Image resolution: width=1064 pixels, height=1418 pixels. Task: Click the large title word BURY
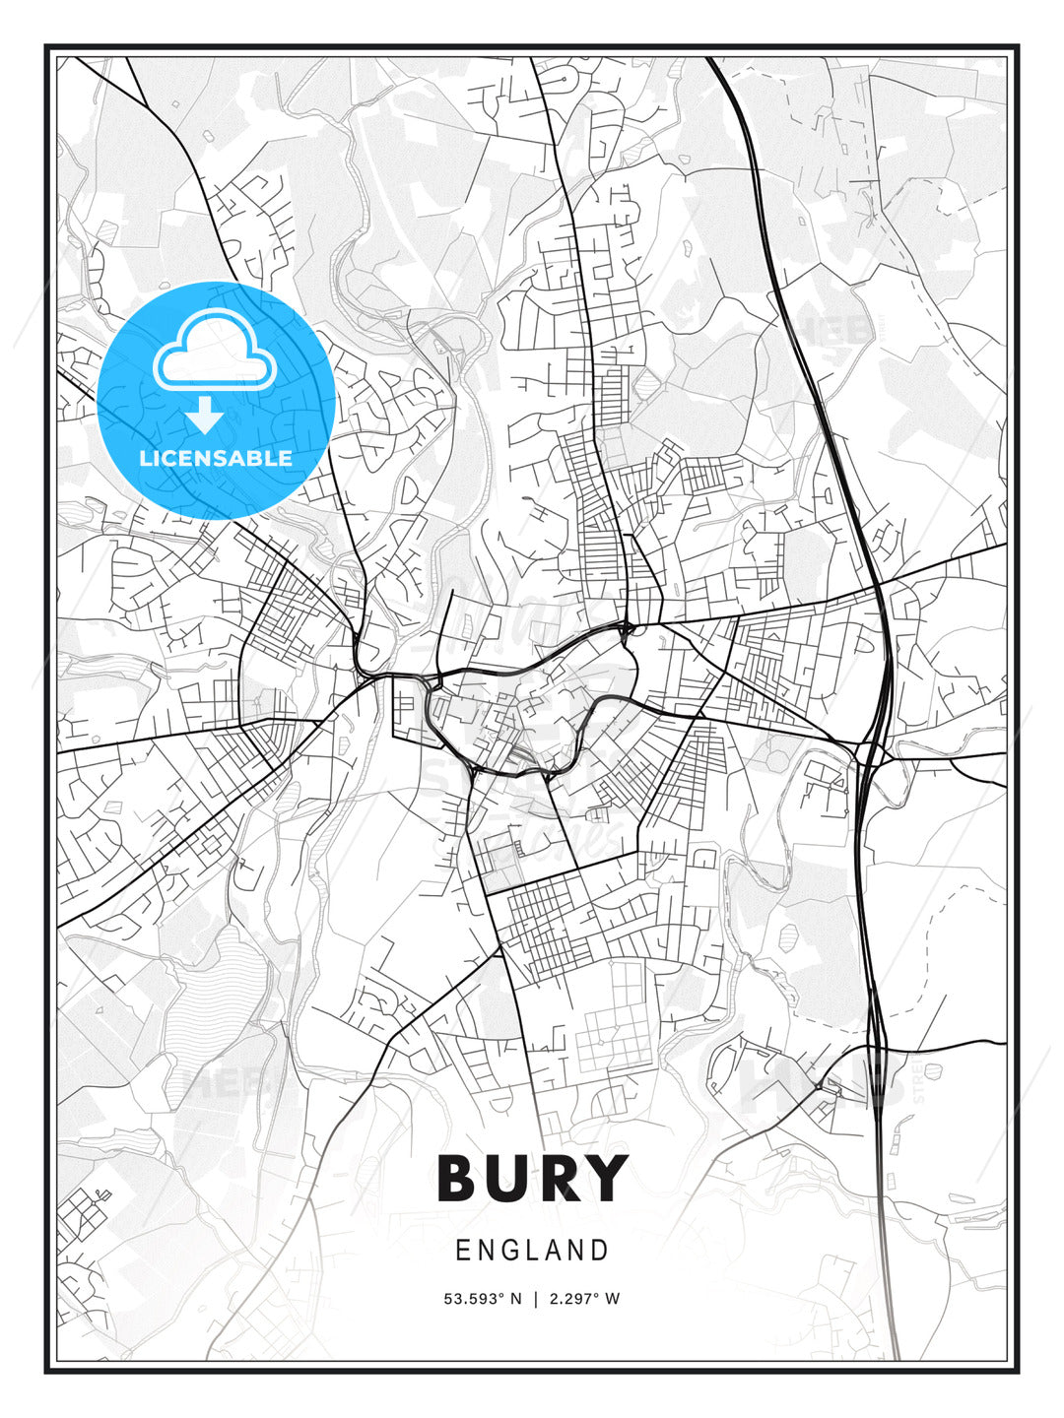tap(532, 1178)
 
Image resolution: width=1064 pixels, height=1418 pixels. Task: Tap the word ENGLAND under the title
tap(532, 1251)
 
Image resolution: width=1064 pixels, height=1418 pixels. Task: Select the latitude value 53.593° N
tap(483, 1299)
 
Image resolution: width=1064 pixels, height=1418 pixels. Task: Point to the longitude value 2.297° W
tap(584, 1299)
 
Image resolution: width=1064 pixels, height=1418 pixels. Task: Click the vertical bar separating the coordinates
tap(535, 1299)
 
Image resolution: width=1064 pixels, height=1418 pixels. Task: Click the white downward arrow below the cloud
tap(205, 415)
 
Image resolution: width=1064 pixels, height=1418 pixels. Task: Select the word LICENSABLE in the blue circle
tap(216, 458)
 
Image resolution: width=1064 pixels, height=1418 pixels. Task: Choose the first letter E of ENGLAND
tap(462, 1251)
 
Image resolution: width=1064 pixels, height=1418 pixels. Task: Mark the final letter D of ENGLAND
tap(600, 1251)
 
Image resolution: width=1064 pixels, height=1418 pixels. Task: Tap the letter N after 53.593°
tap(515, 1299)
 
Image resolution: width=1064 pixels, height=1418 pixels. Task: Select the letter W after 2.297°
tap(612, 1299)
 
